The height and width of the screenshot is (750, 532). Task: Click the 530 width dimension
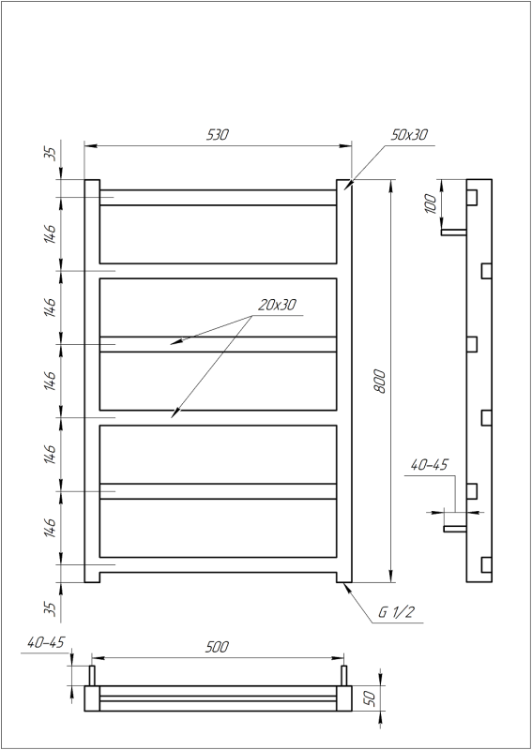218,135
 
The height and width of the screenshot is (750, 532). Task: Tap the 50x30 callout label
409,135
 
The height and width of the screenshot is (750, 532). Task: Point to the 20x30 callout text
277,305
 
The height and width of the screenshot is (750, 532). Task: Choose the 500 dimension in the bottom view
216,648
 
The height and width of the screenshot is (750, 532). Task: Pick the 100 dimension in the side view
431,204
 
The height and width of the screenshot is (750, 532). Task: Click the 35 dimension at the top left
52,154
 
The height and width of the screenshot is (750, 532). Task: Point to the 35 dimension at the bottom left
52,607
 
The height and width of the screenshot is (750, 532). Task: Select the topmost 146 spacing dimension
51,233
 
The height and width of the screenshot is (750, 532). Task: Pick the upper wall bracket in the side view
454,231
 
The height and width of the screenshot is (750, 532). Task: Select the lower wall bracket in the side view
454,528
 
